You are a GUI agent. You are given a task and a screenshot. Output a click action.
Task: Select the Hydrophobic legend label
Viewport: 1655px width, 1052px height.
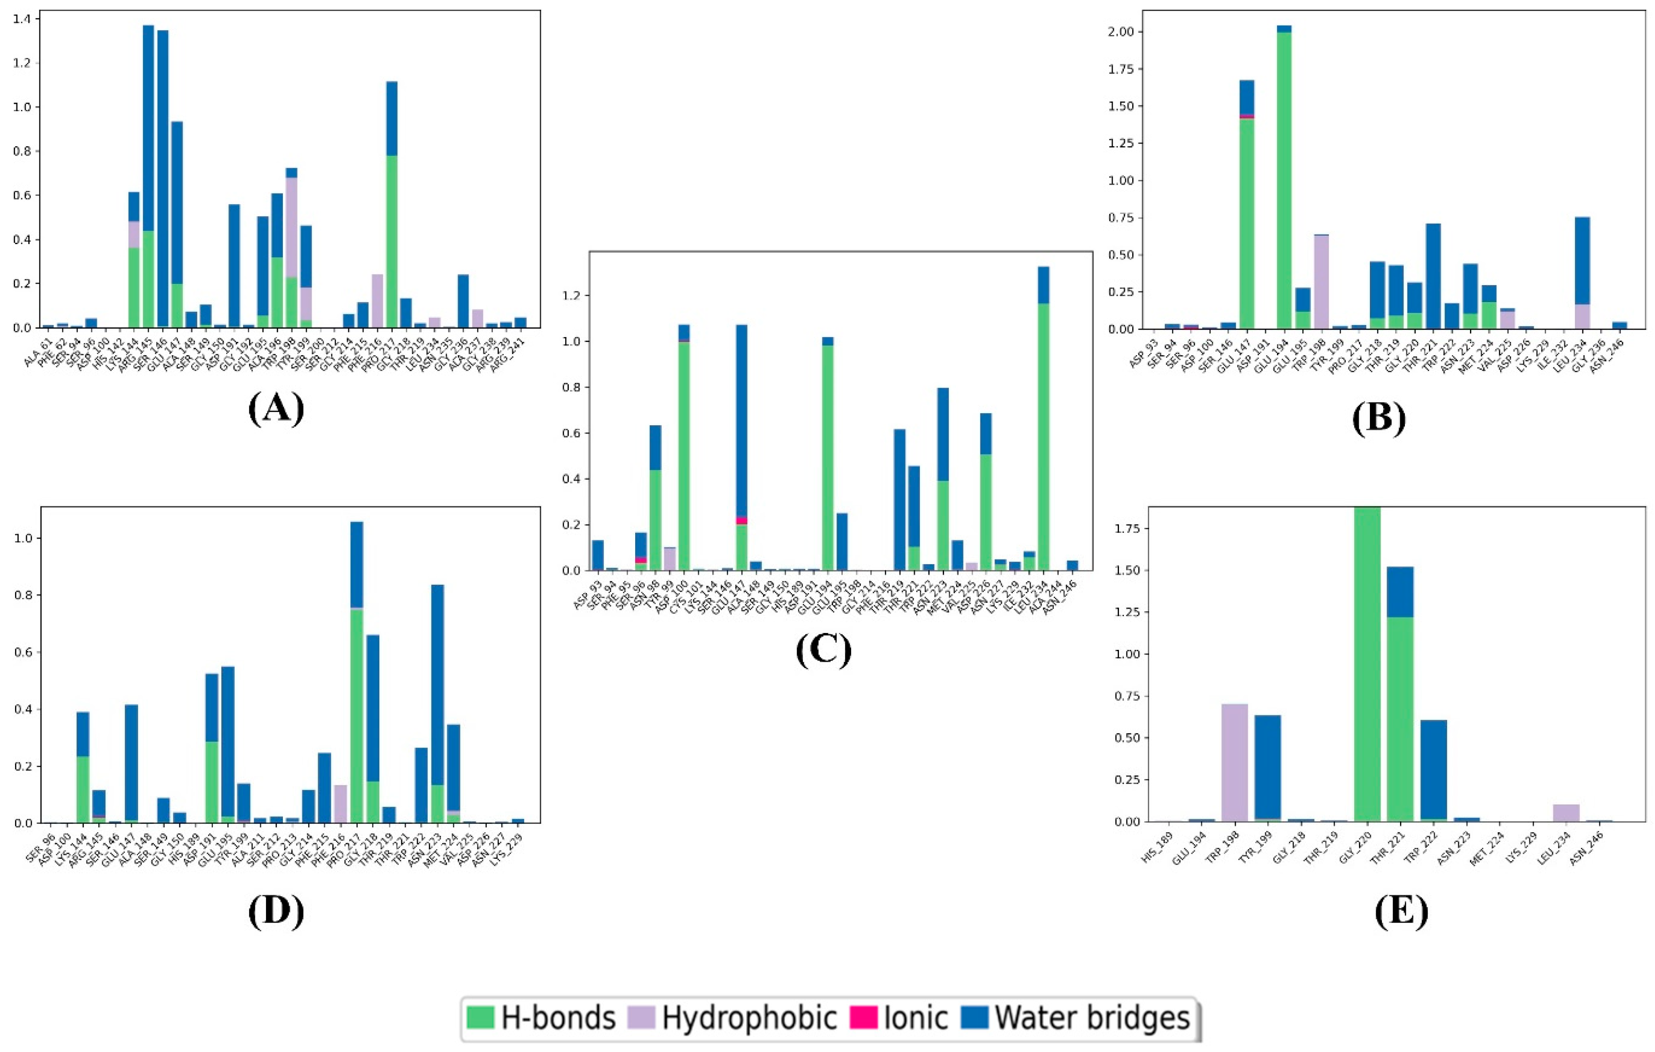pos(749,1017)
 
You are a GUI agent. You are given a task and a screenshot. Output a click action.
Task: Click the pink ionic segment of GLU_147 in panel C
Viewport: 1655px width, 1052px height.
pos(741,520)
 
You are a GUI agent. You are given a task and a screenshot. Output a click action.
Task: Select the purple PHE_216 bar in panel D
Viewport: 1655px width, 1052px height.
pos(340,803)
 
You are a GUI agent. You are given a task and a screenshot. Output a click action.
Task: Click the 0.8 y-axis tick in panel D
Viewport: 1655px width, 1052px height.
pos(25,595)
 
